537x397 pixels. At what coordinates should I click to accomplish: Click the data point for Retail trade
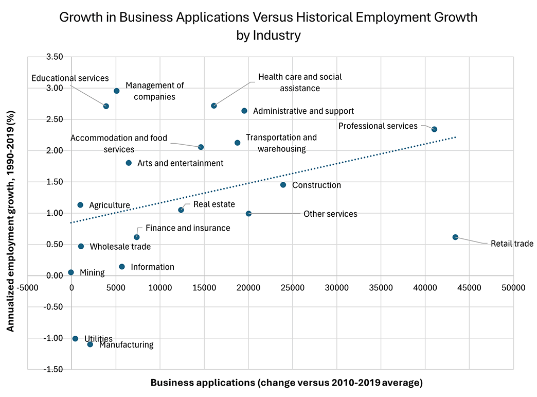click(455, 237)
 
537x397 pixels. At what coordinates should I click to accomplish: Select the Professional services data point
click(434, 129)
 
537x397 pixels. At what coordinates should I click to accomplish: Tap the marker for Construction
click(283, 185)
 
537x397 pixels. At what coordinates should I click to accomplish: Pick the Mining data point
click(71, 272)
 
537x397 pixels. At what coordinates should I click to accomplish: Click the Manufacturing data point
click(90, 344)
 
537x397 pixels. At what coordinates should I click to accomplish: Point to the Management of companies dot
click(117, 91)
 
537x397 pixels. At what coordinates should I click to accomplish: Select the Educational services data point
click(106, 106)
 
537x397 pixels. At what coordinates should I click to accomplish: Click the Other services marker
click(248, 213)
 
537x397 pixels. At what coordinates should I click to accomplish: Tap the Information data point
click(122, 267)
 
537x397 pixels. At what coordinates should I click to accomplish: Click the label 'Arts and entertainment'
click(180, 163)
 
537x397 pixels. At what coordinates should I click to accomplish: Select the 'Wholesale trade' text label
click(120, 247)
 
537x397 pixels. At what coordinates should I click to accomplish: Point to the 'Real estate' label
click(214, 204)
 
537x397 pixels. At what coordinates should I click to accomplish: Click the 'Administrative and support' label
click(303, 111)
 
